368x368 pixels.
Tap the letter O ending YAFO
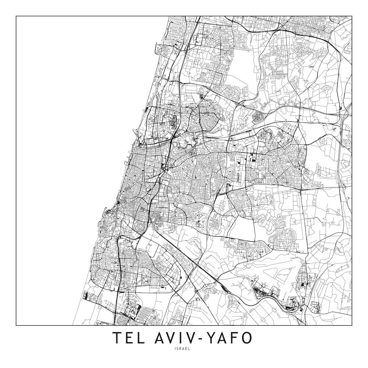point(250,338)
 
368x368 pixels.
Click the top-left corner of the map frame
point(16,16)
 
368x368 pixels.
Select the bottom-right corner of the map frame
point(352,326)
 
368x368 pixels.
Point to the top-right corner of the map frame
point(352,16)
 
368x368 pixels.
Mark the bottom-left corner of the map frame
point(16,326)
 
